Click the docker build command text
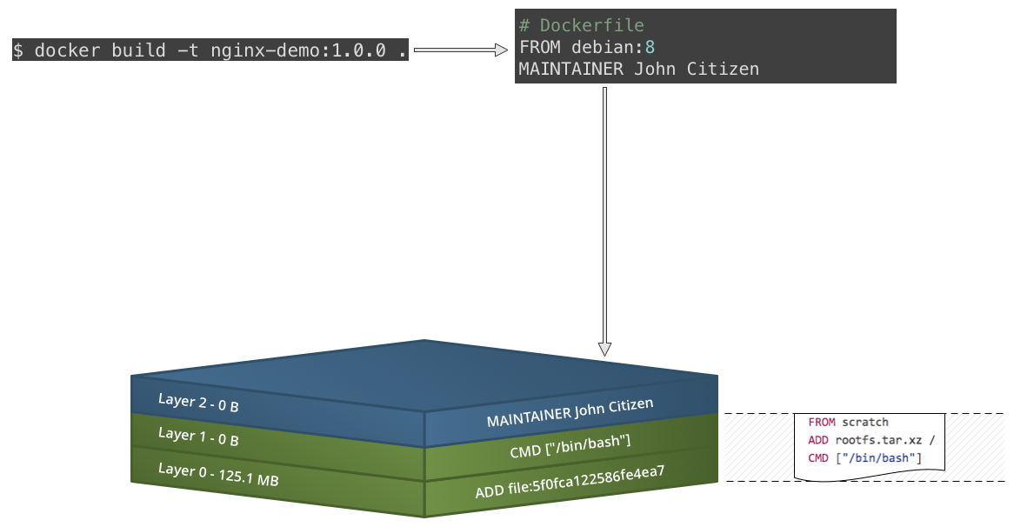pyautogui.click(x=210, y=50)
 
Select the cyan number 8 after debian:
pyautogui.click(x=650, y=47)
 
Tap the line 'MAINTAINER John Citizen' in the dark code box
pyautogui.click(x=639, y=69)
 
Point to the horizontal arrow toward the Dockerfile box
pyautogui.click(x=460, y=50)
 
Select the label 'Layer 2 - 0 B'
pyautogui.click(x=198, y=403)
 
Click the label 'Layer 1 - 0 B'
pyautogui.click(x=198, y=437)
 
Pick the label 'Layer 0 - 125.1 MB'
pyautogui.click(x=218, y=474)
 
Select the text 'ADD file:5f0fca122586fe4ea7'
pyautogui.click(x=570, y=483)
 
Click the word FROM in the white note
pyautogui.click(x=822, y=422)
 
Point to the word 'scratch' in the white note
pyautogui.click(x=865, y=422)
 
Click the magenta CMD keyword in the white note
pyautogui.click(x=818, y=457)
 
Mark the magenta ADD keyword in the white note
pyautogui.click(x=818, y=439)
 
